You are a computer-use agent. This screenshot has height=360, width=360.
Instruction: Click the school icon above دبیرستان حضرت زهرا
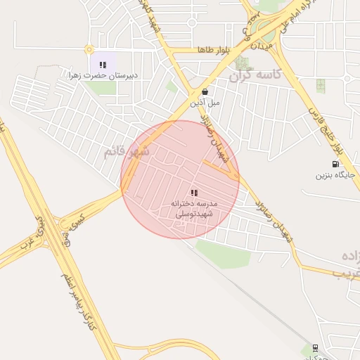point(103,65)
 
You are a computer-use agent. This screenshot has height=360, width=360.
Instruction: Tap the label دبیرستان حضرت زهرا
point(112,75)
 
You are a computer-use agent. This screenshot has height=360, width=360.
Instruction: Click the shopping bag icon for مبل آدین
point(204,91)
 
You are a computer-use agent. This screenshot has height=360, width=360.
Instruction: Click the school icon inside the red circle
point(194,193)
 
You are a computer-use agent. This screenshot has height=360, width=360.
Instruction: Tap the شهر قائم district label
point(127,151)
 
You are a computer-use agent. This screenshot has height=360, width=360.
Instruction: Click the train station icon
point(314,348)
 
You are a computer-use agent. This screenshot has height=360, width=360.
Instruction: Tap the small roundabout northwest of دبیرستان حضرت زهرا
point(89,49)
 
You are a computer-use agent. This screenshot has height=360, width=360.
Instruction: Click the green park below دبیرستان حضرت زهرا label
point(103,88)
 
